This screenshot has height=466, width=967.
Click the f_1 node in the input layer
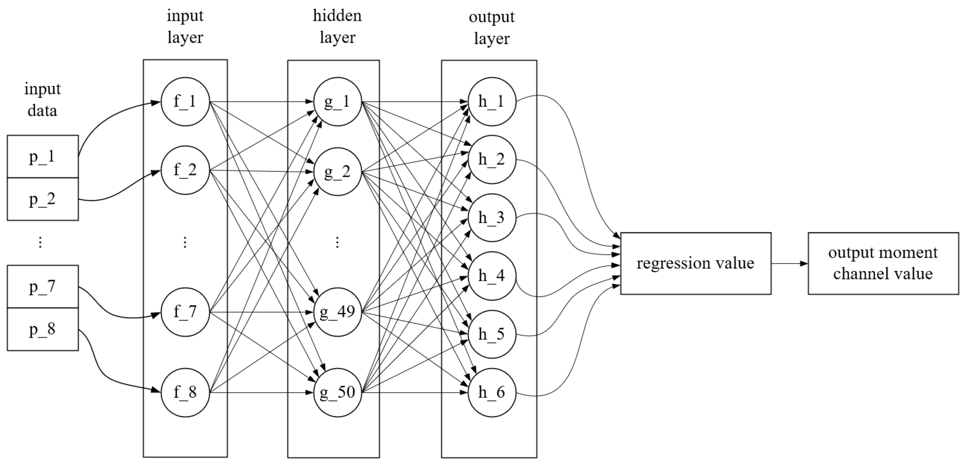pos(185,102)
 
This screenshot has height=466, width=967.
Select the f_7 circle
pos(185,312)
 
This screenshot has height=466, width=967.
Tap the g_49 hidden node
pos(337,312)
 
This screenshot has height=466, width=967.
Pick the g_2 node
pos(337,172)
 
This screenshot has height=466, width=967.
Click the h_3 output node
pos(492,218)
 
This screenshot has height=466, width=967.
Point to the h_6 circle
pos(492,392)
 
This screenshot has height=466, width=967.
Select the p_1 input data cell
pos(42,156)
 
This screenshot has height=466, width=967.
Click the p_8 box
pos(42,329)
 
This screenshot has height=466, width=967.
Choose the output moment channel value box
pos(883,263)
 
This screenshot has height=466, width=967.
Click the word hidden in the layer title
pos(337,16)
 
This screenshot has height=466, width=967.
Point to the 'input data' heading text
pos(42,99)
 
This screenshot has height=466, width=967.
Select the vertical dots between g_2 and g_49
pos(337,243)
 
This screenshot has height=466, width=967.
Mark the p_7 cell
pos(42,287)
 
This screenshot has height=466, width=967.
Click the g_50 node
pos(337,392)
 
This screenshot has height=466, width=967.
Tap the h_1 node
pos(492,102)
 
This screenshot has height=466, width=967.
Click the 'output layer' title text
pos(491,27)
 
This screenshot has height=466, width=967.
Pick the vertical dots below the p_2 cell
pos(40,243)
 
